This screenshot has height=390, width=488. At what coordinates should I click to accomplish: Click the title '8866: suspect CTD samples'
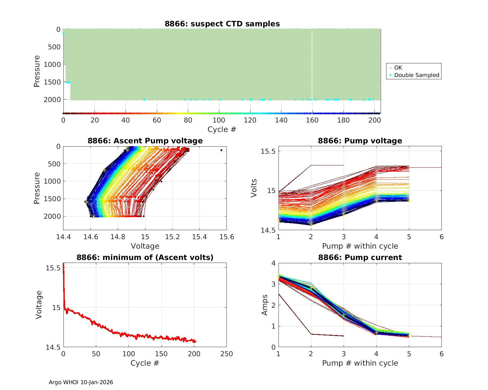click(x=222, y=24)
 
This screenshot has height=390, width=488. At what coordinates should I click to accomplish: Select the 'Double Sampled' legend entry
click(x=416, y=75)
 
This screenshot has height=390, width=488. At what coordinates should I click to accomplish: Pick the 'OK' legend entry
click(x=398, y=68)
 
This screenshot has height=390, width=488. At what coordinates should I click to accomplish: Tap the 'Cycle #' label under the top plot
click(x=222, y=129)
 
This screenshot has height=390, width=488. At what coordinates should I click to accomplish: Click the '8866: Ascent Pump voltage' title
click(x=145, y=141)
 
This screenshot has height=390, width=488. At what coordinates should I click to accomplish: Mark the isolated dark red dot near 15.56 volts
click(x=221, y=150)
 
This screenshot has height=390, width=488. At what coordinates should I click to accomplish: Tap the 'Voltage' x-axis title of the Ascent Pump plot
click(x=145, y=246)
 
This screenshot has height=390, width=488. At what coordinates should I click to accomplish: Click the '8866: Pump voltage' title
click(x=360, y=141)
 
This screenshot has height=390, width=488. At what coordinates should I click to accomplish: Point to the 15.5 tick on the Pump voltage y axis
click(x=268, y=151)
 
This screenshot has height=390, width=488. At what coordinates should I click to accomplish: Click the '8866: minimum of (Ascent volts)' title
click(x=145, y=257)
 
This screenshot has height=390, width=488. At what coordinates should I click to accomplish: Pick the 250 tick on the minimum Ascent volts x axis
click(x=226, y=354)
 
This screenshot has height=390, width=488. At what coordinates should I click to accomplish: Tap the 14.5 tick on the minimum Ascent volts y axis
click(x=53, y=347)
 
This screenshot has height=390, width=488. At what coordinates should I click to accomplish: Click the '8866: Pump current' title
click(x=360, y=257)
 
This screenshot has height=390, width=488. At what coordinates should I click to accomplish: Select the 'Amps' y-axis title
click(x=265, y=305)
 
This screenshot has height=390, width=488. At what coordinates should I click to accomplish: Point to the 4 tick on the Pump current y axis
click(x=273, y=263)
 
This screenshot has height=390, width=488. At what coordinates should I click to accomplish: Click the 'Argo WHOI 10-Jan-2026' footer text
click(x=81, y=382)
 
